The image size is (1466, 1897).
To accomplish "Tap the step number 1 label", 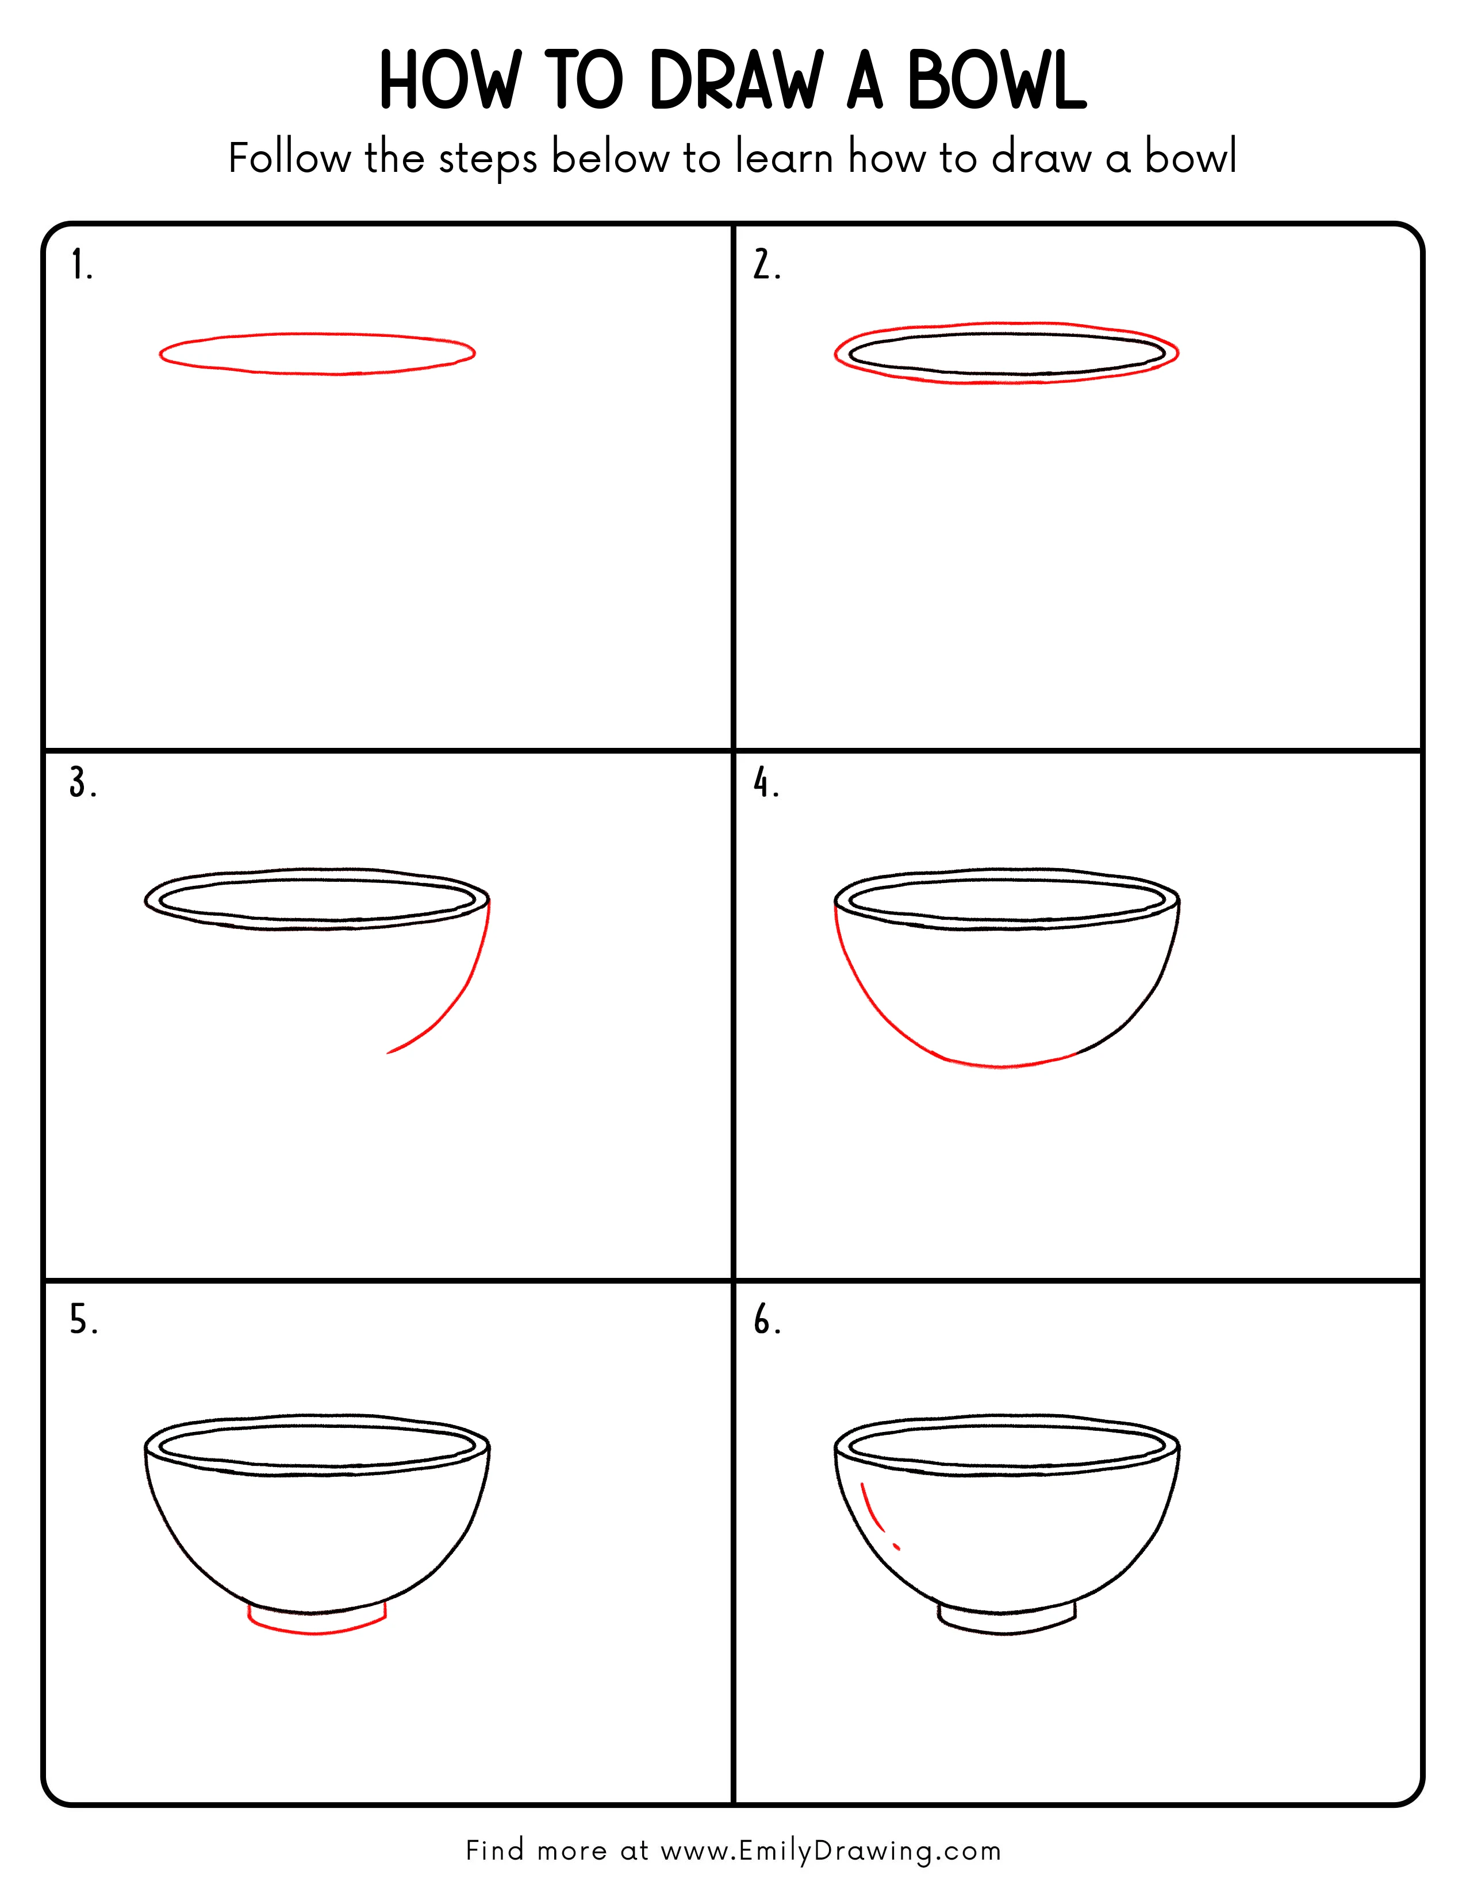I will click(x=80, y=265).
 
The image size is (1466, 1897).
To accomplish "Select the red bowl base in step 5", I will click(x=317, y=1633).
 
